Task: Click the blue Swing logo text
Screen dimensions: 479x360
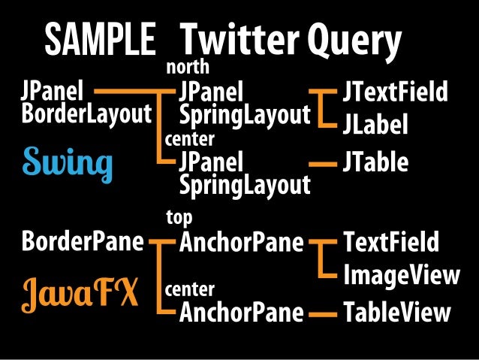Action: (x=68, y=162)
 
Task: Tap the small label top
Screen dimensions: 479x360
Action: (x=179, y=217)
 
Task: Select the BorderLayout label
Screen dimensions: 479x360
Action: (x=87, y=115)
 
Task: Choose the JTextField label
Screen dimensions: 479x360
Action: (x=395, y=94)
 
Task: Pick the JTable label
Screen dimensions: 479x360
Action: (x=375, y=162)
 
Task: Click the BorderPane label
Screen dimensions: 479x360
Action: (x=83, y=243)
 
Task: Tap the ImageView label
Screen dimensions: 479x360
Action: (x=401, y=275)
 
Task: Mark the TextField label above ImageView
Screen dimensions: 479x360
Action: (x=390, y=243)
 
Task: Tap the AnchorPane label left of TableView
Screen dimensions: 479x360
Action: (x=241, y=312)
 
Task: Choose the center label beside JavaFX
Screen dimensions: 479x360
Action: (x=189, y=289)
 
